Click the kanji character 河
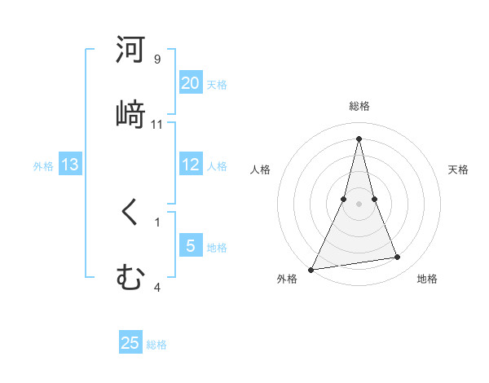coord(131,50)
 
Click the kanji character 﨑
coord(131,113)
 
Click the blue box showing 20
coord(191,83)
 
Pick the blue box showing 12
coord(191,165)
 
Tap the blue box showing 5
coord(191,246)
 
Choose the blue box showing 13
coord(70,165)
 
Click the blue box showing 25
coord(130,343)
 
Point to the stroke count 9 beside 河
coord(157,59)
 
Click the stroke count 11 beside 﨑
coord(157,124)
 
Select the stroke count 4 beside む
coord(157,287)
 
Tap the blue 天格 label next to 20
coord(217,85)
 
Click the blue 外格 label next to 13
coord(43,166)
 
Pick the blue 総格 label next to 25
coord(156,345)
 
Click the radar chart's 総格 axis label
coord(359,106)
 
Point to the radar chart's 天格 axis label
coord(459,169)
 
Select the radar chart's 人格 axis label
coord(260,169)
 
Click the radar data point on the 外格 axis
coord(311,270)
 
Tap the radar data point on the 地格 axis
coord(398,258)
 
